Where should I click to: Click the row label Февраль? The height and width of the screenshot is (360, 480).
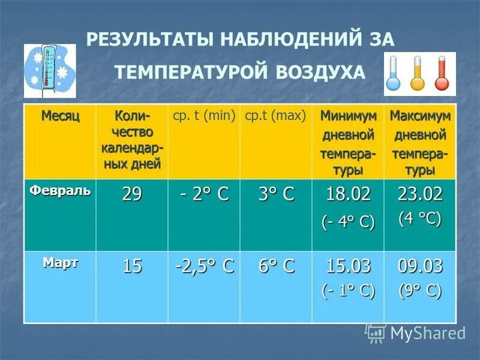pyautogui.click(x=61, y=191)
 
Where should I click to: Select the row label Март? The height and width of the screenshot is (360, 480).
pyautogui.click(x=61, y=263)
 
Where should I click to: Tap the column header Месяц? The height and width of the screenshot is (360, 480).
pyautogui.click(x=60, y=115)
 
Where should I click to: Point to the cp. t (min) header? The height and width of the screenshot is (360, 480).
pyautogui.click(x=204, y=115)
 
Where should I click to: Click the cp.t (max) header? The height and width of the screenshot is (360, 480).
pyautogui.click(x=275, y=115)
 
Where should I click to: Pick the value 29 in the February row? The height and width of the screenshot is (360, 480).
pyautogui.click(x=132, y=195)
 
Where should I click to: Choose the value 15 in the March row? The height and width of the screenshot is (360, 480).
pyautogui.click(x=132, y=266)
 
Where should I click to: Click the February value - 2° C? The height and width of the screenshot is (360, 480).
pyautogui.click(x=204, y=195)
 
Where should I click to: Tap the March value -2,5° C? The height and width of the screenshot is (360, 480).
pyautogui.click(x=204, y=266)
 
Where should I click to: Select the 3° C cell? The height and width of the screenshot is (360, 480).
pyautogui.click(x=276, y=195)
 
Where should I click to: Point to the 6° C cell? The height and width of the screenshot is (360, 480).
pyautogui.click(x=276, y=266)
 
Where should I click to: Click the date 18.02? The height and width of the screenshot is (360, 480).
pyautogui.click(x=348, y=194)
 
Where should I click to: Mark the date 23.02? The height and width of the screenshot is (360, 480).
pyautogui.click(x=420, y=194)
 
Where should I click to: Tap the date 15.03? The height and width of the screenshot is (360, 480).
pyautogui.click(x=348, y=266)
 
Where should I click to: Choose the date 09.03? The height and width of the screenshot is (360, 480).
pyautogui.click(x=420, y=266)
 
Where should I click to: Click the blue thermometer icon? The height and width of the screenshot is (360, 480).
pyautogui.click(x=393, y=74)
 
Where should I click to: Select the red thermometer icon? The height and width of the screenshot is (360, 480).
pyautogui.click(x=442, y=74)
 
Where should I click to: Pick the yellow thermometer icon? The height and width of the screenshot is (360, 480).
pyautogui.click(x=418, y=74)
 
